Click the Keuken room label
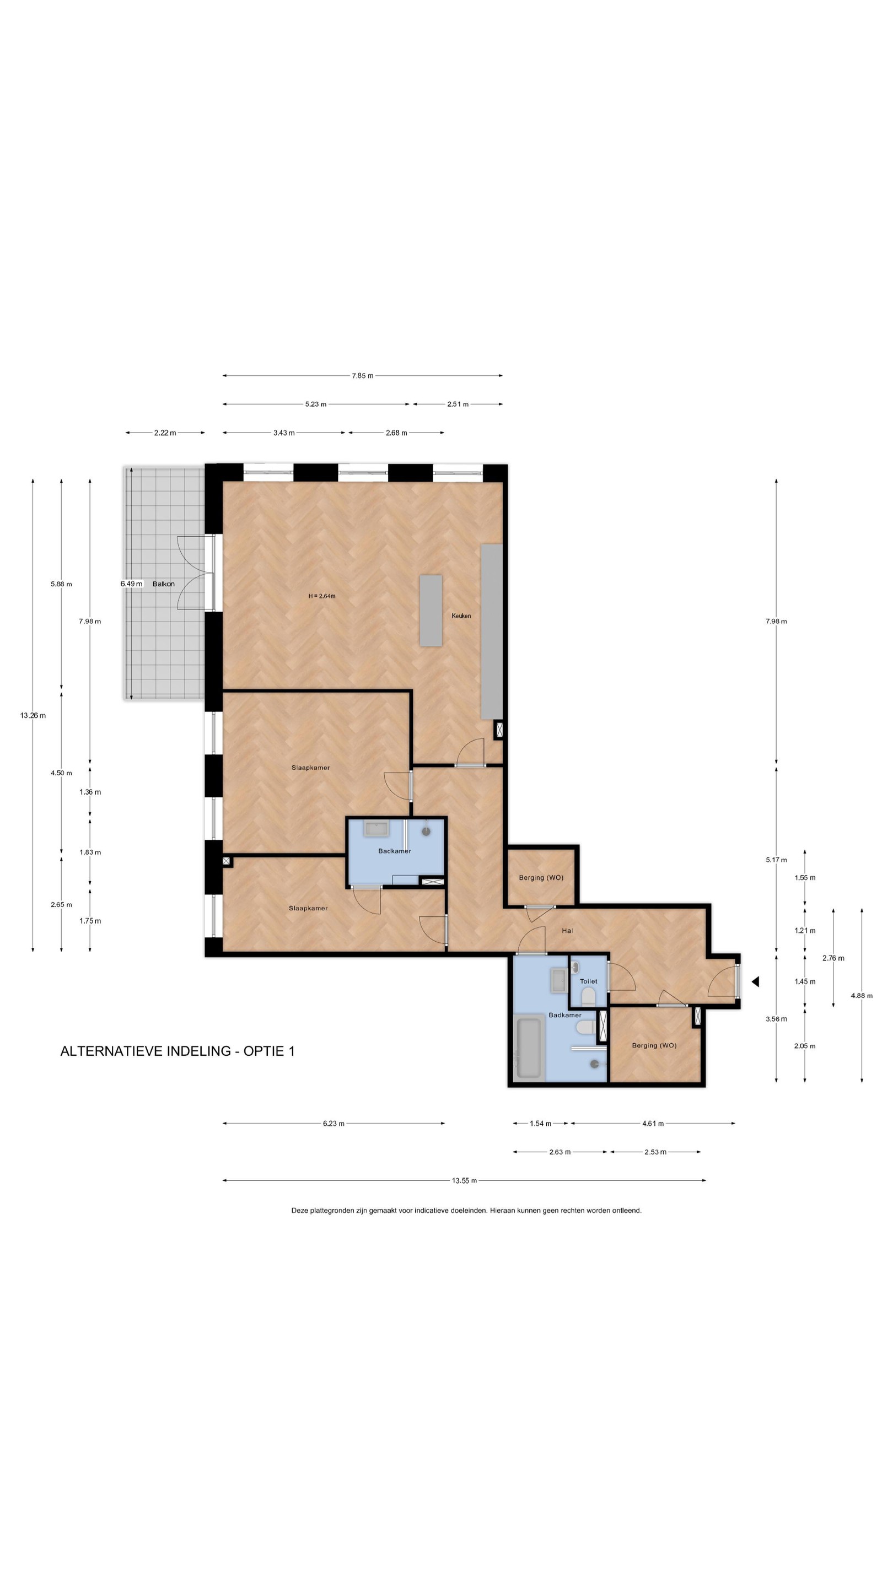(461, 616)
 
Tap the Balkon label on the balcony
(163, 584)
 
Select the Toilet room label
(588, 981)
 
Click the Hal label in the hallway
(567, 930)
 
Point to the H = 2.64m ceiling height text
(322, 596)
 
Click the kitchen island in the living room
(431, 611)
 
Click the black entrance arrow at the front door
(755, 981)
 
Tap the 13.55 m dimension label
(464, 1180)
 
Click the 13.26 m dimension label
(33, 715)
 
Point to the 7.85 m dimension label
(362, 375)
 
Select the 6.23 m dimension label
(333, 1123)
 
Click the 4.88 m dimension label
(861, 995)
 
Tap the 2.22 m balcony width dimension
(165, 433)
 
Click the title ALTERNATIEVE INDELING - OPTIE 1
(177, 1050)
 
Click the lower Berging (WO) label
(654, 1045)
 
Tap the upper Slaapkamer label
(310, 768)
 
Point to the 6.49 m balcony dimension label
(131, 584)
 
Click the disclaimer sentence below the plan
(466, 1210)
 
